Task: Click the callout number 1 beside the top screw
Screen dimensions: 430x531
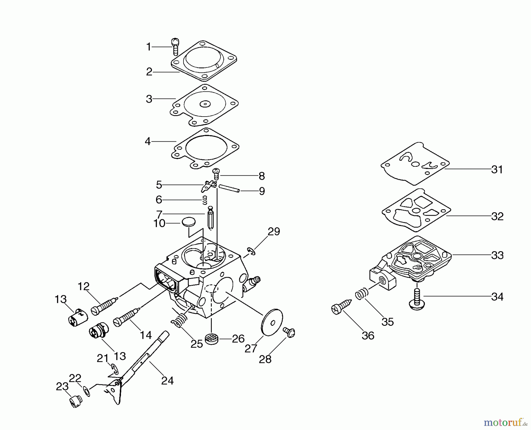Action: (x=149, y=47)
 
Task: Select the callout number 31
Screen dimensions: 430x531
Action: (x=497, y=170)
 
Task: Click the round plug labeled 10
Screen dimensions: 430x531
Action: (x=189, y=222)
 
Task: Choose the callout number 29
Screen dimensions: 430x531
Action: (x=273, y=232)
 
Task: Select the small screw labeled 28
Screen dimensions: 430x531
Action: (x=289, y=332)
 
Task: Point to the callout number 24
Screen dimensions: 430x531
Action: (x=167, y=381)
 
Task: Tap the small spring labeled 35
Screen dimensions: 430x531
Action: (x=361, y=295)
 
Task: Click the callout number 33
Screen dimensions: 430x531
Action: (x=497, y=255)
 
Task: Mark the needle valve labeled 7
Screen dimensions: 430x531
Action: (x=211, y=219)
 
